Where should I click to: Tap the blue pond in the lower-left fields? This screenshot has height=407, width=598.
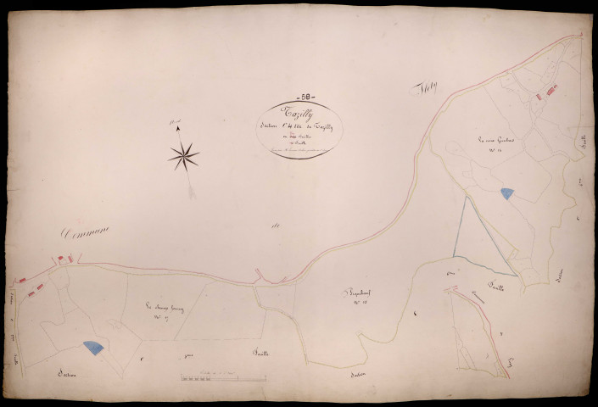pos(93,347)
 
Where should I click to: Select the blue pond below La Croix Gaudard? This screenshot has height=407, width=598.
pos(506,194)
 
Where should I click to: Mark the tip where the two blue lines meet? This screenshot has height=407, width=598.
pos(466,197)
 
